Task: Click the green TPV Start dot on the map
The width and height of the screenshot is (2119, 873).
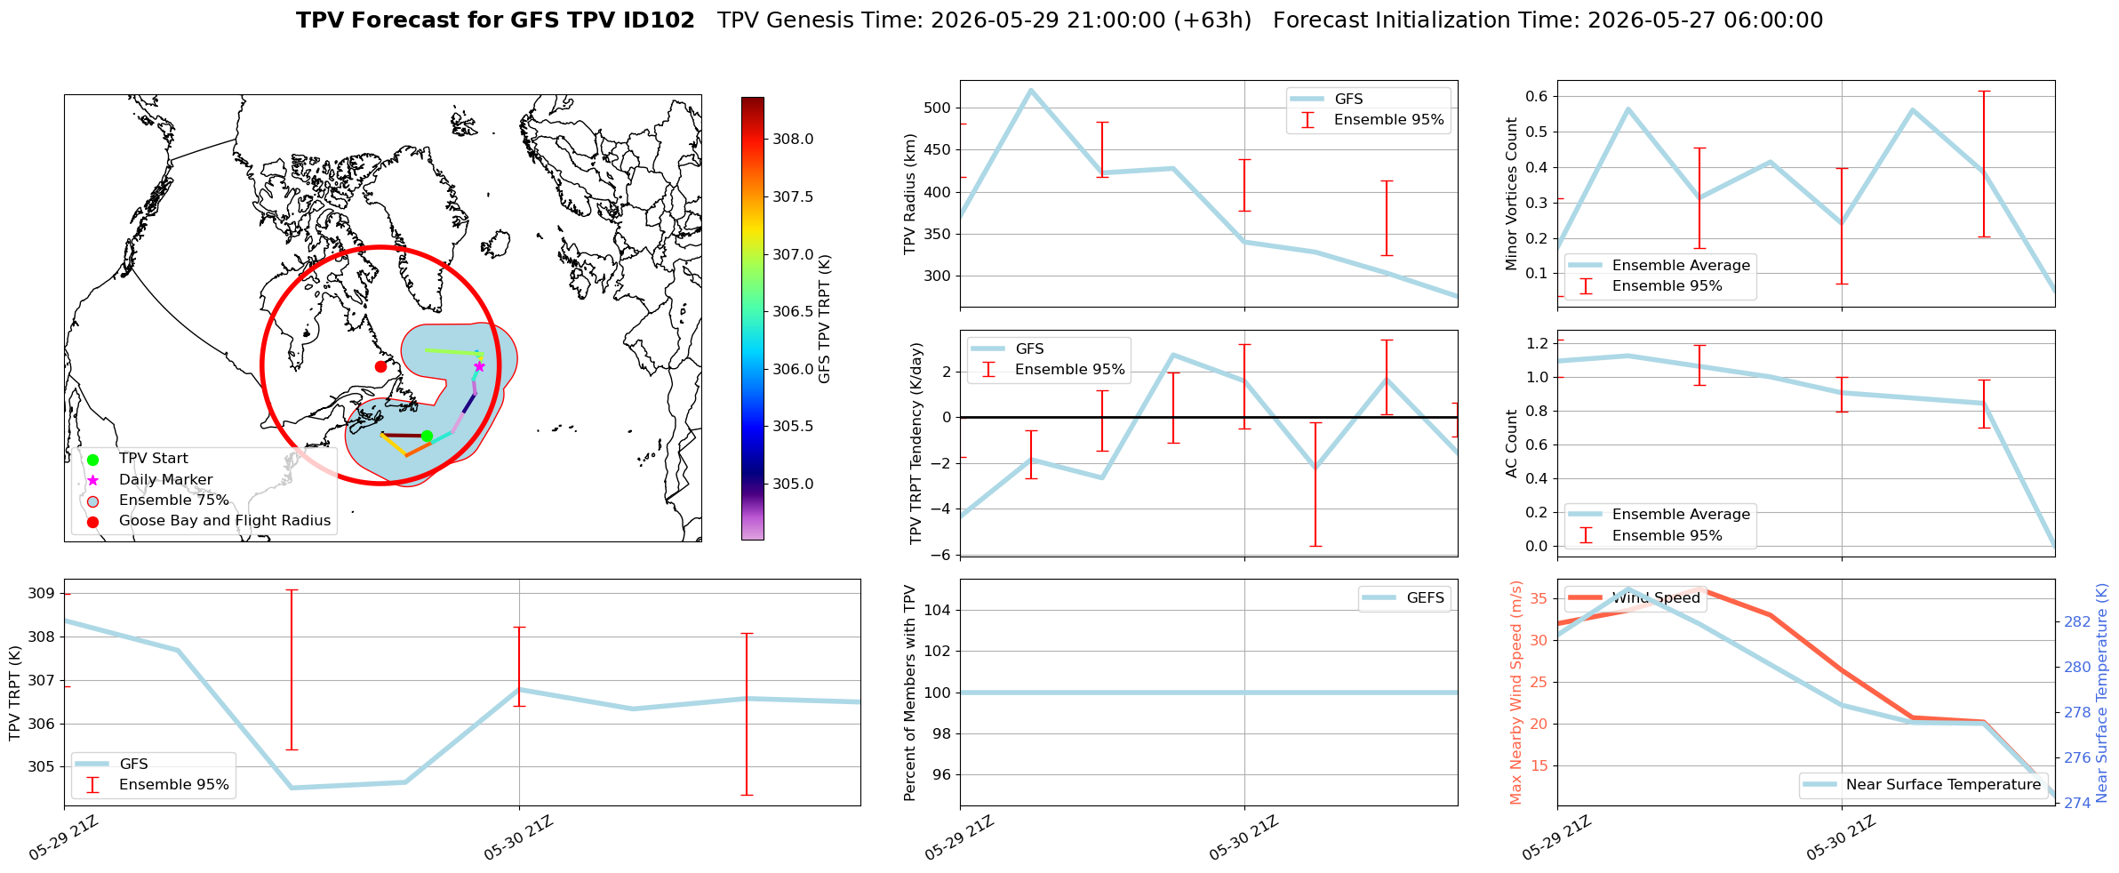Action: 427,436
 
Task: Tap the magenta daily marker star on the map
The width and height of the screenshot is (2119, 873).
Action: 479,366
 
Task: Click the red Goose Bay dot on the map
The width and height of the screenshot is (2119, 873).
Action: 380,366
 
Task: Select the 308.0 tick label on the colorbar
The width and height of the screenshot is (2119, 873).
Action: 793,139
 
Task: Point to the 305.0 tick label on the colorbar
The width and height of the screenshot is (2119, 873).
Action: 793,484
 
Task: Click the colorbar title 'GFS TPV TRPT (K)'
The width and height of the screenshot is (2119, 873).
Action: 825,319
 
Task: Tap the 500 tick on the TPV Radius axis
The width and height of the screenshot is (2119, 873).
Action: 939,108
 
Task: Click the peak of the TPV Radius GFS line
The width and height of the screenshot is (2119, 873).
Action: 1030,90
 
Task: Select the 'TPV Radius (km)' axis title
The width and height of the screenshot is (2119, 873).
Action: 910,194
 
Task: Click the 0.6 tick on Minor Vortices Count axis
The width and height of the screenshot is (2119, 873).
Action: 1537,96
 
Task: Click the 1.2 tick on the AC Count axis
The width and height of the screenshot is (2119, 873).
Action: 1537,343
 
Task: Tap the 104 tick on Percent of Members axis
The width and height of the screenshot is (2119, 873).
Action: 939,610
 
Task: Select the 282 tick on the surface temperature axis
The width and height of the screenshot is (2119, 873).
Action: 2077,621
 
